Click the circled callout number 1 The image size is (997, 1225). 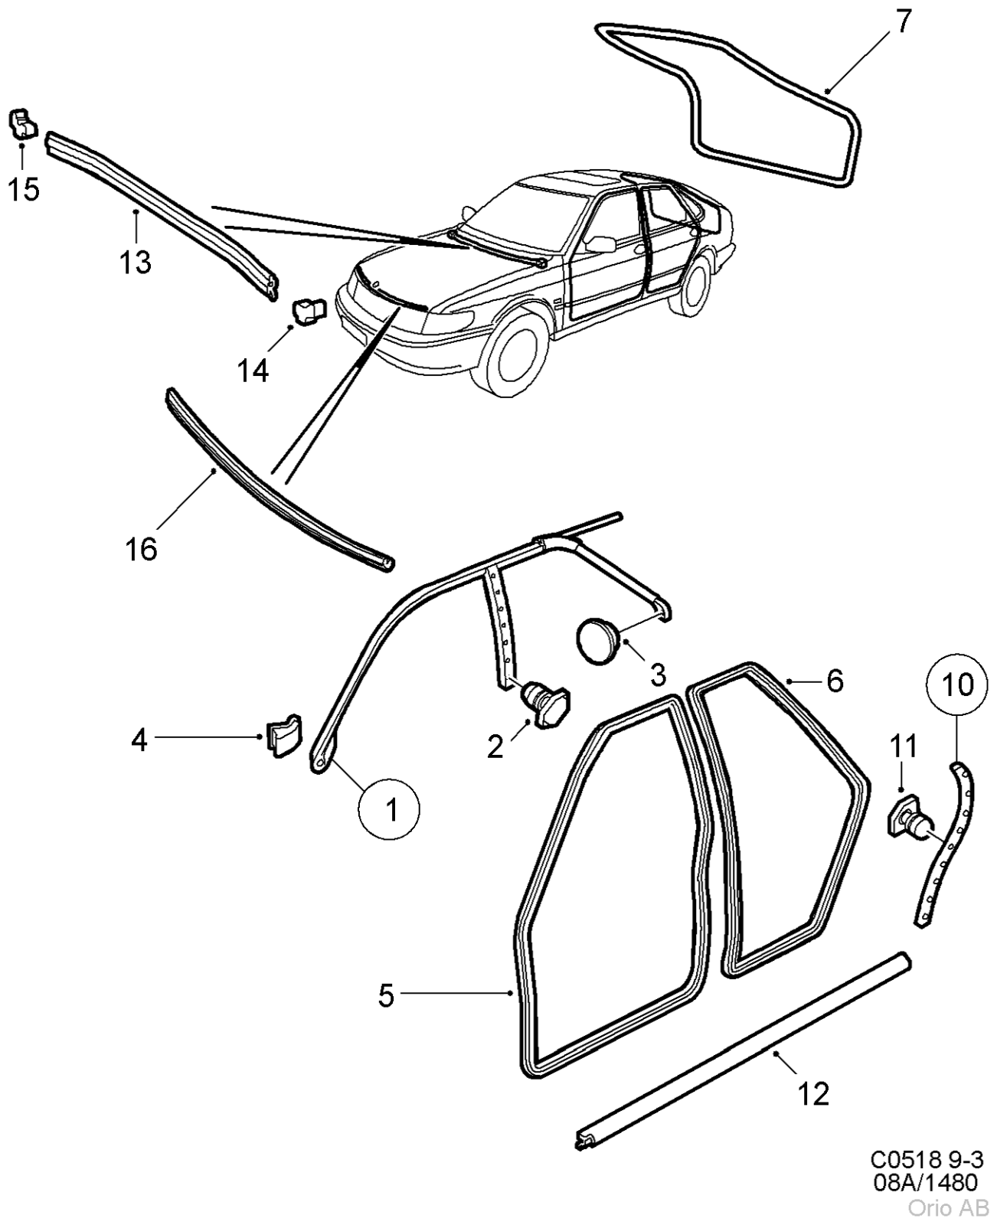click(x=389, y=810)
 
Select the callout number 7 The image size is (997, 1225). click(x=904, y=22)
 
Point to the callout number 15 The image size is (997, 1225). click(x=24, y=188)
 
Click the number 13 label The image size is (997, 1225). click(x=136, y=263)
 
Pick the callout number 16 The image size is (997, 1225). click(x=141, y=549)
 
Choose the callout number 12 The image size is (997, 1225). click(x=813, y=1093)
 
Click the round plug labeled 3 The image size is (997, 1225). click(x=598, y=640)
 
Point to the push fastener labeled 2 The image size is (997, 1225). click(x=544, y=704)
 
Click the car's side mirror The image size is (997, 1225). click(x=600, y=244)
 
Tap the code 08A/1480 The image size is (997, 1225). click(x=926, y=1182)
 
